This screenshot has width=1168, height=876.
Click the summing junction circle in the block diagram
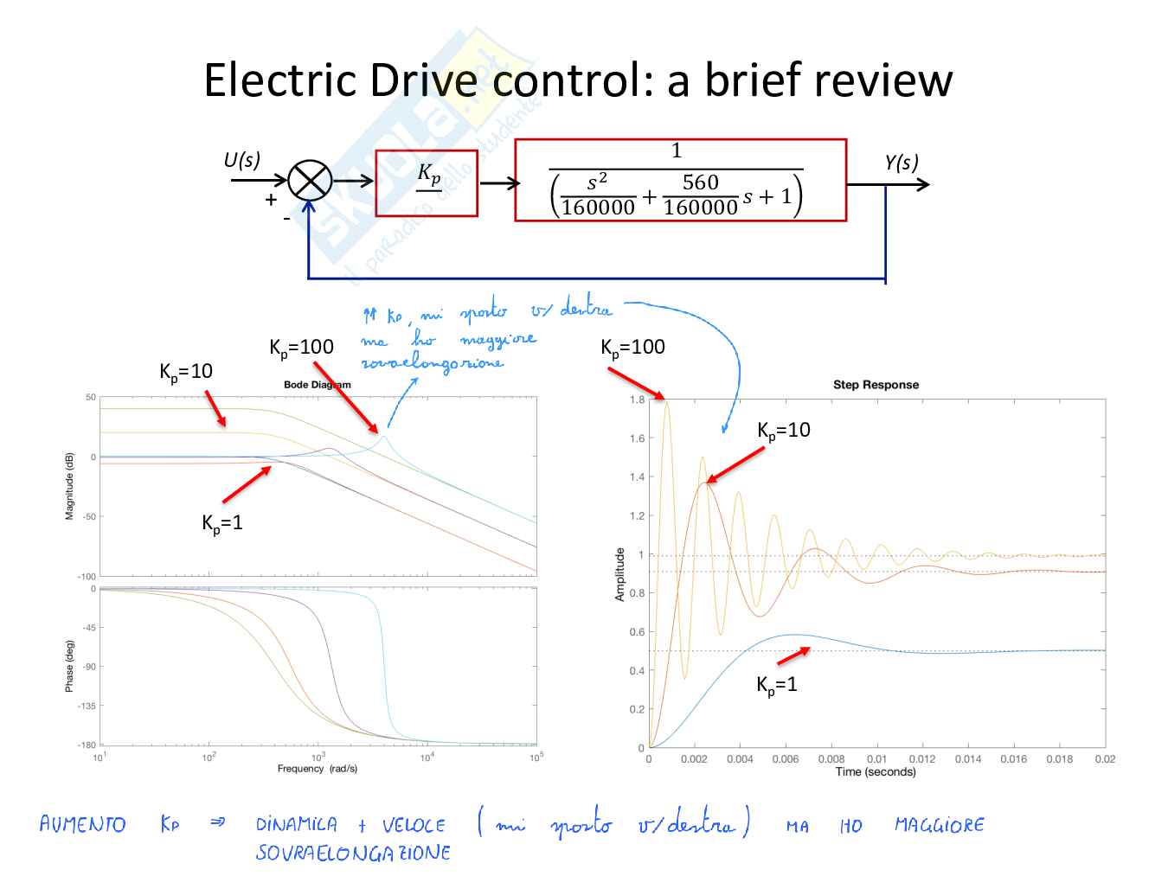pos(309,181)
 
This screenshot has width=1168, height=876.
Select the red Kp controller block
pos(427,183)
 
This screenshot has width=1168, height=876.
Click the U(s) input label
pos(241,161)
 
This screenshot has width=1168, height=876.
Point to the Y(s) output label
pos(901,163)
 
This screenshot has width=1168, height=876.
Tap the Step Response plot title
pos(876,385)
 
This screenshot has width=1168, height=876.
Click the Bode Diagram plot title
pos(318,385)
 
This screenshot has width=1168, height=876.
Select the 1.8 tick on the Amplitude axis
pos(637,400)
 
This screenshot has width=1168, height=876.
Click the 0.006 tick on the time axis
pos(785,759)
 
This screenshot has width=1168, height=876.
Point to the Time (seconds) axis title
pos(875,772)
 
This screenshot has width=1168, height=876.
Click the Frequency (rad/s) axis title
pos(317,769)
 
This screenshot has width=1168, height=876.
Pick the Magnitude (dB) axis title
pos(69,486)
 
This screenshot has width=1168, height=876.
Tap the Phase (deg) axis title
pos(69,666)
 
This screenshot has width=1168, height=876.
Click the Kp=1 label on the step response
pos(776,685)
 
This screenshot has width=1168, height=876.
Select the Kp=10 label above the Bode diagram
pos(185,372)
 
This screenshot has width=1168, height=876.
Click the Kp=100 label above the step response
pos(632,348)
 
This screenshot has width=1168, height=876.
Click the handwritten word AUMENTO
pos(82,824)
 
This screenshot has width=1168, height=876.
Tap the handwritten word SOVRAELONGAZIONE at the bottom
pos(353,854)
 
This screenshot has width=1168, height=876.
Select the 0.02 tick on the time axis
pos(1105,759)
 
